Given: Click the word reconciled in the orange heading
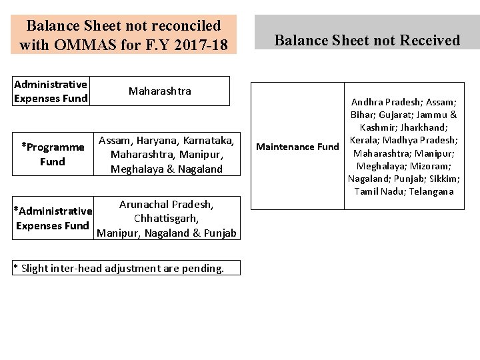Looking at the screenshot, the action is coord(179,25).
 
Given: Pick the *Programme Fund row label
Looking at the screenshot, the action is coord(53,154).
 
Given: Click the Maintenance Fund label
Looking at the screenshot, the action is coord(297,146).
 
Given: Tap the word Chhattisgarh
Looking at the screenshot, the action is coord(167,218).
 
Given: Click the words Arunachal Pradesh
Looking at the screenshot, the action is coord(166,204).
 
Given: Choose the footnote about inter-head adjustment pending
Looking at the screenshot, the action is coord(119,269).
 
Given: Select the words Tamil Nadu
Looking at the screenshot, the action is coord(377,191).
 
